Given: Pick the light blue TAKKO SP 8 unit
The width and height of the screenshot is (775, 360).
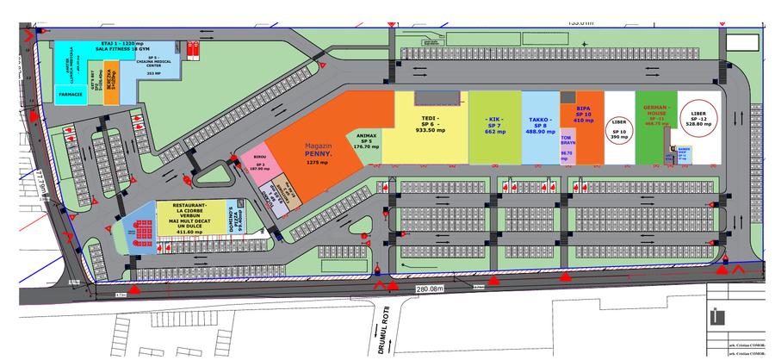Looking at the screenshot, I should [540, 121].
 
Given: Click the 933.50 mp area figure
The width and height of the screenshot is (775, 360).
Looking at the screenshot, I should [431, 130].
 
